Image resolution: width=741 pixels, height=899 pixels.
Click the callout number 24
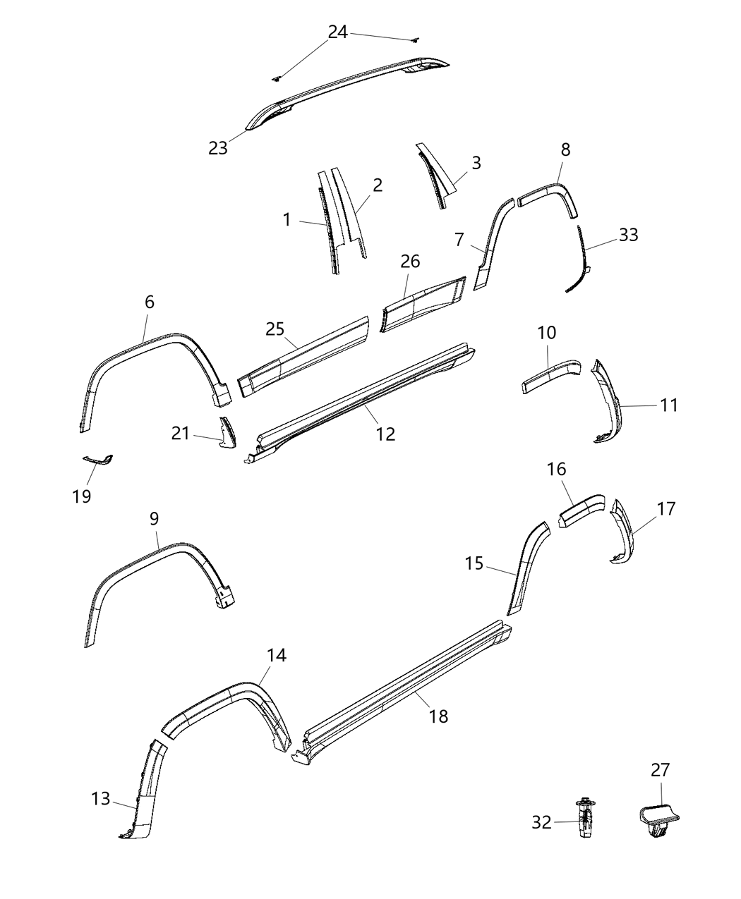click(338, 32)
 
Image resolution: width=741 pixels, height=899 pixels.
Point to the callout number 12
click(385, 434)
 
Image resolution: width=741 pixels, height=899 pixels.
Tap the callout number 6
click(150, 302)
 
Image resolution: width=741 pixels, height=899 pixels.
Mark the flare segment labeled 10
click(550, 375)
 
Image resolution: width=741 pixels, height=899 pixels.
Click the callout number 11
click(669, 405)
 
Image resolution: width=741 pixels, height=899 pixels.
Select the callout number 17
click(665, 508)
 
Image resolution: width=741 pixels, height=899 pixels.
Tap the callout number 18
click(438, 716)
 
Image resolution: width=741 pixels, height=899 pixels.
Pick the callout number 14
click(277, 655)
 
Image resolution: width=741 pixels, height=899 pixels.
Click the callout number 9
click(154, 518)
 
